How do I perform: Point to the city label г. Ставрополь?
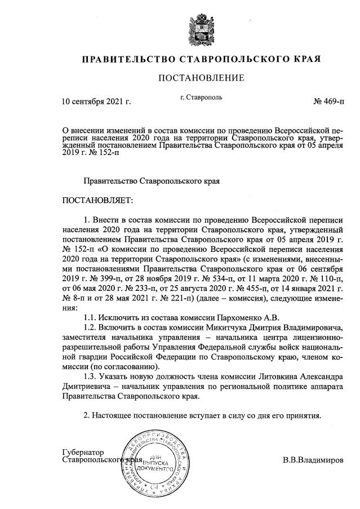[x=201, y=97]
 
